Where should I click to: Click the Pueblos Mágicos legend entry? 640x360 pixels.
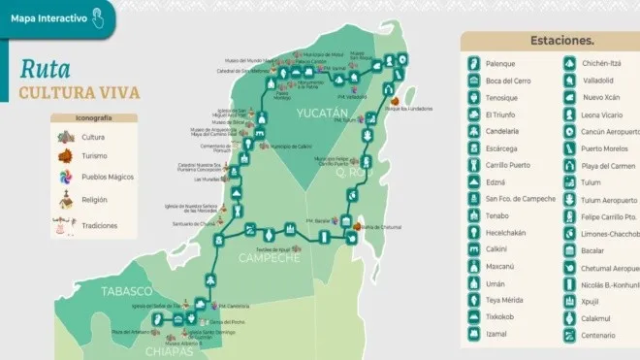click(107, 177)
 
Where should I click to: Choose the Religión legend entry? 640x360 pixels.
click(94, 199)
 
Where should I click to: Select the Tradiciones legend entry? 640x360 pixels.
click(100, 225)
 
